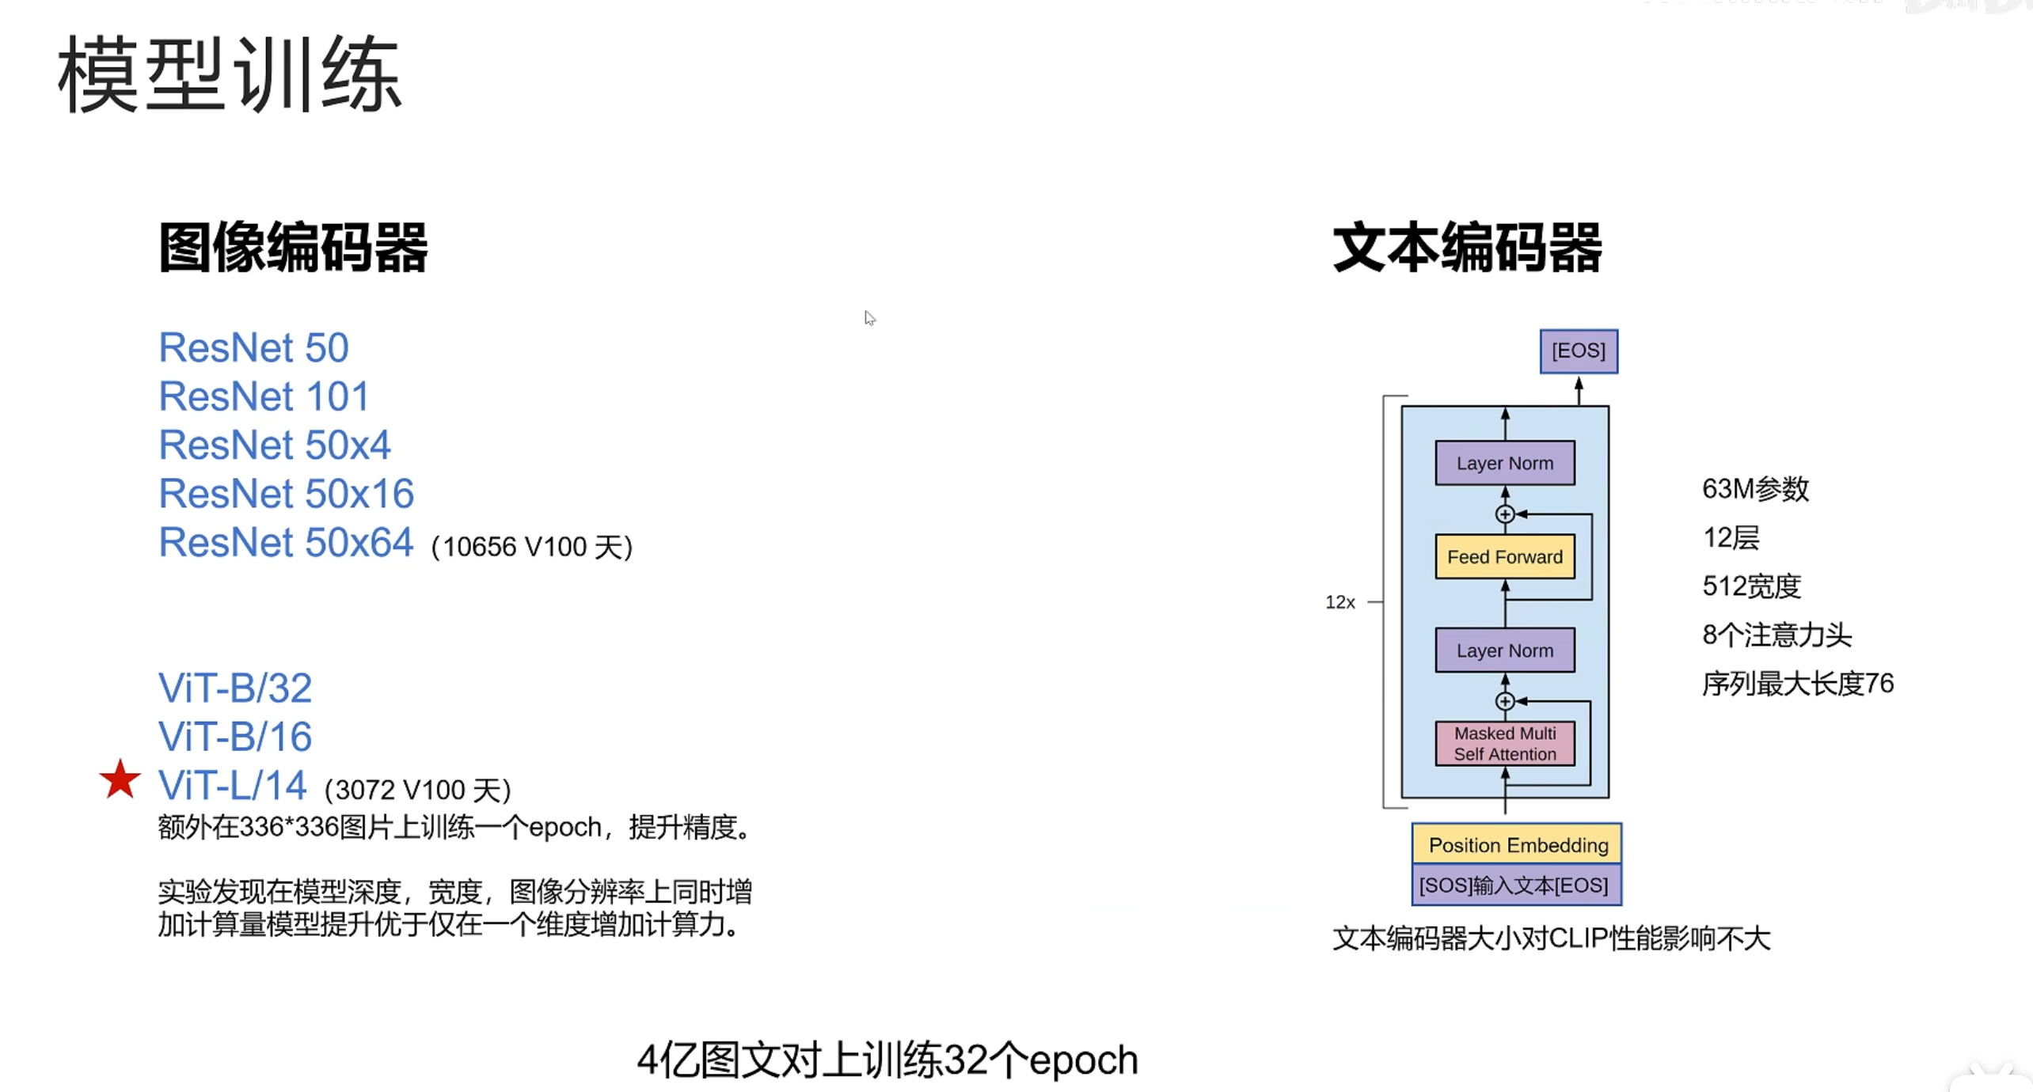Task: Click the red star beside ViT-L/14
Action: pos(120,779)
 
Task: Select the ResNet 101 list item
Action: pos(264,396)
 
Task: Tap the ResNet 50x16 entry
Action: pos(287,493)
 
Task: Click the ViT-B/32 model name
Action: pos(235,688)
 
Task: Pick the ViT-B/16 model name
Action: pos(235,737)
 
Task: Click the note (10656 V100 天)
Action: pos(532,547)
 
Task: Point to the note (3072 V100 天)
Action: pos(418,790)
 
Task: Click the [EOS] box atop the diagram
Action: pos(1579,351)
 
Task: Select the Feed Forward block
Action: pos(1505,556)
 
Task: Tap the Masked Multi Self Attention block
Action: pos(1505,744)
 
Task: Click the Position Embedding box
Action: pos(1518,844)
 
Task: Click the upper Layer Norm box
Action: pos(1505,463)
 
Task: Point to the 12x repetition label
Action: pos(1339,602)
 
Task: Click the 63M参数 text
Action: pos(1755,489)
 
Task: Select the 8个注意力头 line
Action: pos(1776,635)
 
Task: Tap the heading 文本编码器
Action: pos(1468,248)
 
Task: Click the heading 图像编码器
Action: pos(293,248)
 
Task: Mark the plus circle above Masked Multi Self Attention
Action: pos(1505,701)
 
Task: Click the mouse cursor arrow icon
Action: pos(869,318)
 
